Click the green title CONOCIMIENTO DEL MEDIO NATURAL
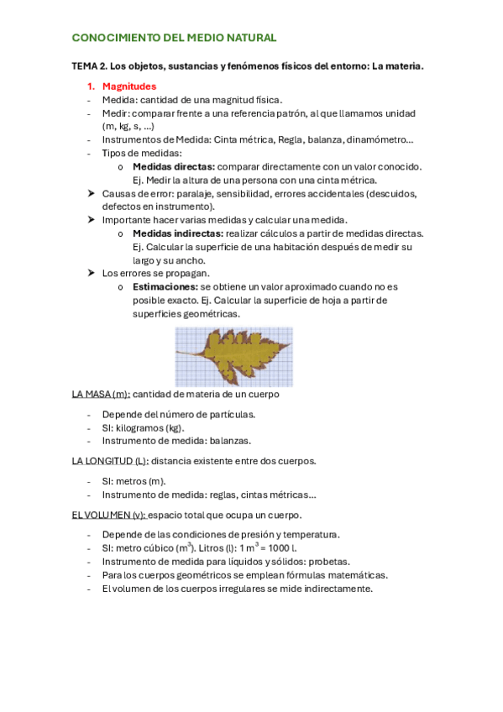coord(174,39)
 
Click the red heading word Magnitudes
coord(128,86)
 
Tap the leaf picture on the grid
coord(233,356)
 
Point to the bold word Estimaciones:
coord(165,286)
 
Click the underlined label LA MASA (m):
coord(101,393)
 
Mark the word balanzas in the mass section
coord(229,440)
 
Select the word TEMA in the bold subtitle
coord(86,65)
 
